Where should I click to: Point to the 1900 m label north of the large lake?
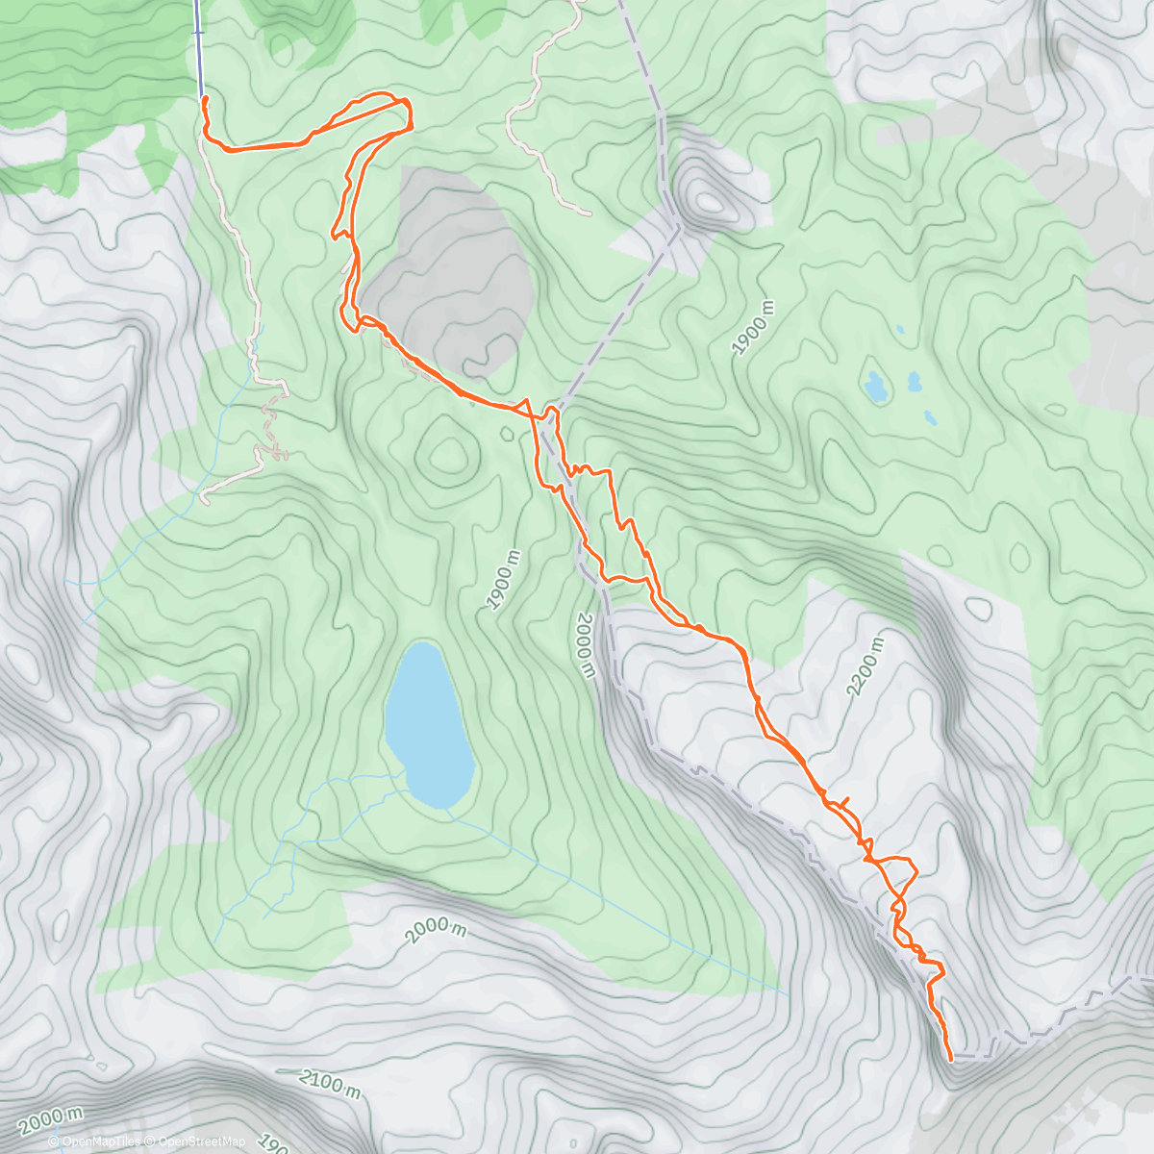tap(502, 580)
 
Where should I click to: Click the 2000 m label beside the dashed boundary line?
tap(586, 645)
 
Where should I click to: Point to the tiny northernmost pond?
tap(899, 330)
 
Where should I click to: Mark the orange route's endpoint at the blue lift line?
tap(204, 99)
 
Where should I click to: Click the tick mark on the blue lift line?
tap(199, 33)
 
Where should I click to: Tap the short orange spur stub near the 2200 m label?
tap(843, 800)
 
